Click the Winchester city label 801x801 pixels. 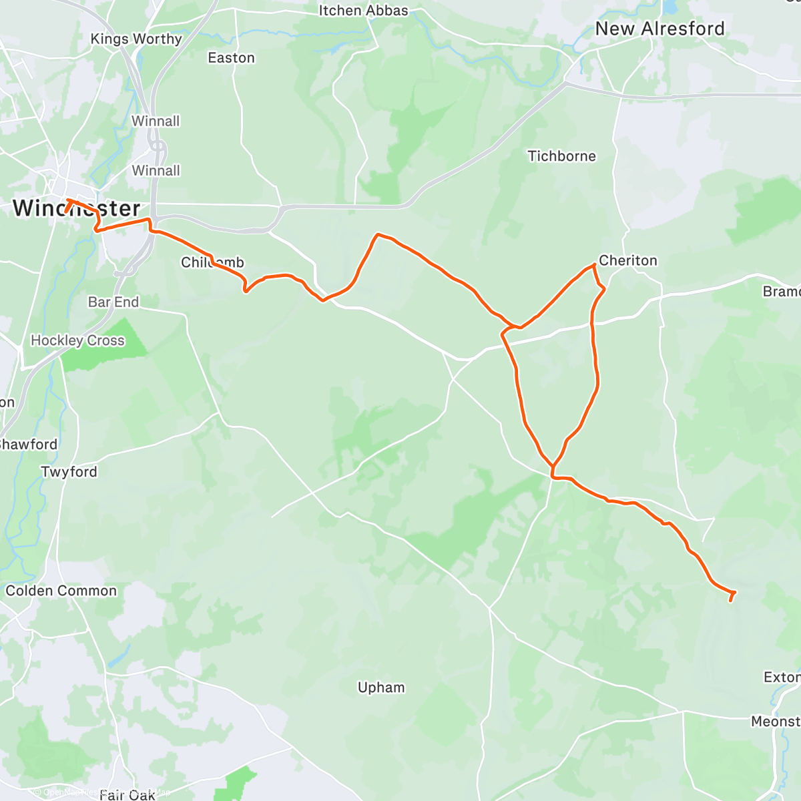(76, 208)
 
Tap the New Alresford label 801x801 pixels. (659, 29)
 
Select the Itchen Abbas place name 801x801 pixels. (363, 11)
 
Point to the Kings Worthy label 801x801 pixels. (136, 39)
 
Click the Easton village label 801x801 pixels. (231, 58)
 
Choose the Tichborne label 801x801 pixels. (561, 156)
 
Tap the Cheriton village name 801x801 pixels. (627, 260)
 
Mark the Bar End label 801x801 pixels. (113, 302)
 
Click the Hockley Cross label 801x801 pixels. (77, 340)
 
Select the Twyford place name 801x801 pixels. (69, 472)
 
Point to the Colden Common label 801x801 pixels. (61, 591)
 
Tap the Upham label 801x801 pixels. (381, 688)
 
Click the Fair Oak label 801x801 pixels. (127, 794)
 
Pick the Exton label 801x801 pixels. (781, 678)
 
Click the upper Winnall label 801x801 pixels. (156, 121)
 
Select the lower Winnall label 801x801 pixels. (156, 171)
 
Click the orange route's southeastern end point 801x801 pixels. (731, 600)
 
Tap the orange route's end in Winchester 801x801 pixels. (66, 213)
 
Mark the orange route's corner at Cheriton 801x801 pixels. (593, 266)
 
